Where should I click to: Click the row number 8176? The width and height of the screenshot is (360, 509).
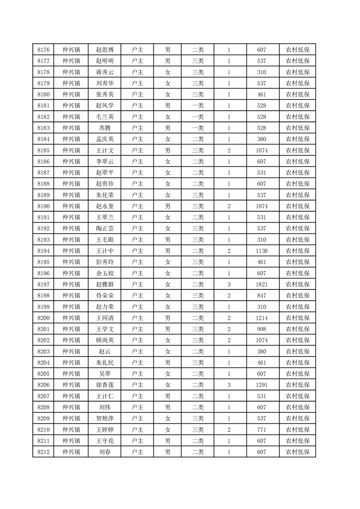coord(43,50)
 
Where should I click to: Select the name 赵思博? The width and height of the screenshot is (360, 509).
coord(105,50)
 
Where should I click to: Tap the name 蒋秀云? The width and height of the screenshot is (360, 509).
coord(105,72)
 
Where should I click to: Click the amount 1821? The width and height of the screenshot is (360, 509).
coord(261,284)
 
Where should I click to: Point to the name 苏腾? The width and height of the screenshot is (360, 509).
coord(105,128)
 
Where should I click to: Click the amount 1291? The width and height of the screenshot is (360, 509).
coord(261,385)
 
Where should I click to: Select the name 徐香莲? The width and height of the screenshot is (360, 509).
coord(105,385)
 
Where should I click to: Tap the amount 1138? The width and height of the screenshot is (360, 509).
coord(261,251)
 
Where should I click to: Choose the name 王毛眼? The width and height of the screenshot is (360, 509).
coord(105,240)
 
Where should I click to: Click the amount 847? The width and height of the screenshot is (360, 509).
coord(261,295)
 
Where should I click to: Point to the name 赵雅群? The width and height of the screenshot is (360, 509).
coord(105,284)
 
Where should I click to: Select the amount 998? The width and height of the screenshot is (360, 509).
coord(261,329)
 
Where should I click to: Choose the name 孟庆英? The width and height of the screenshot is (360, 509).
coord(105,139)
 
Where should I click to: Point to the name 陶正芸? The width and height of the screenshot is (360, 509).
coord(105,229)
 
